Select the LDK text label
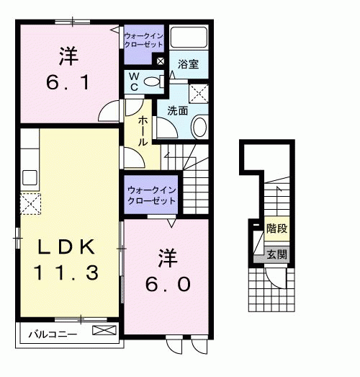coord(66,247)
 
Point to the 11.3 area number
coord(66,272)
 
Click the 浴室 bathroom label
coord(189,64)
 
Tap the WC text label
coord(134,82)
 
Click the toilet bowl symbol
coord(152,82)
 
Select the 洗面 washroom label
coord(177,111)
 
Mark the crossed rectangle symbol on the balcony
coord(103,332)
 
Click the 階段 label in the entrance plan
coord(276,229)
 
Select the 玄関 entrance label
coord(276,254)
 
